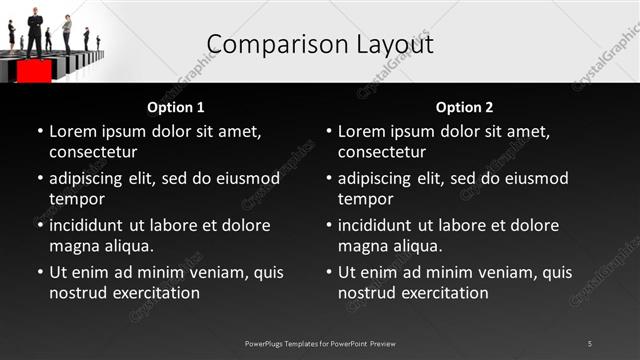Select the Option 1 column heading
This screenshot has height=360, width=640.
pos(176,107)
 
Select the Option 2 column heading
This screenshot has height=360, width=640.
pos(465,107)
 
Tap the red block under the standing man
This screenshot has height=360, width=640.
pos(34,72)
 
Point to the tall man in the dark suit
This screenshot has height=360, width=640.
pos(34,30)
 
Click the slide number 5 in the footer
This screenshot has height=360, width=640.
pos(590,343)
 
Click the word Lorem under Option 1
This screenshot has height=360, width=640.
pos(72,131)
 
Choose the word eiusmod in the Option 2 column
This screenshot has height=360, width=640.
pos(534,178)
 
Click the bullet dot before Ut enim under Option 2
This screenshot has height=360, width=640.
pos(329,272)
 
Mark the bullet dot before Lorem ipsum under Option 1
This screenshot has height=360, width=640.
pos(40,131)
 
